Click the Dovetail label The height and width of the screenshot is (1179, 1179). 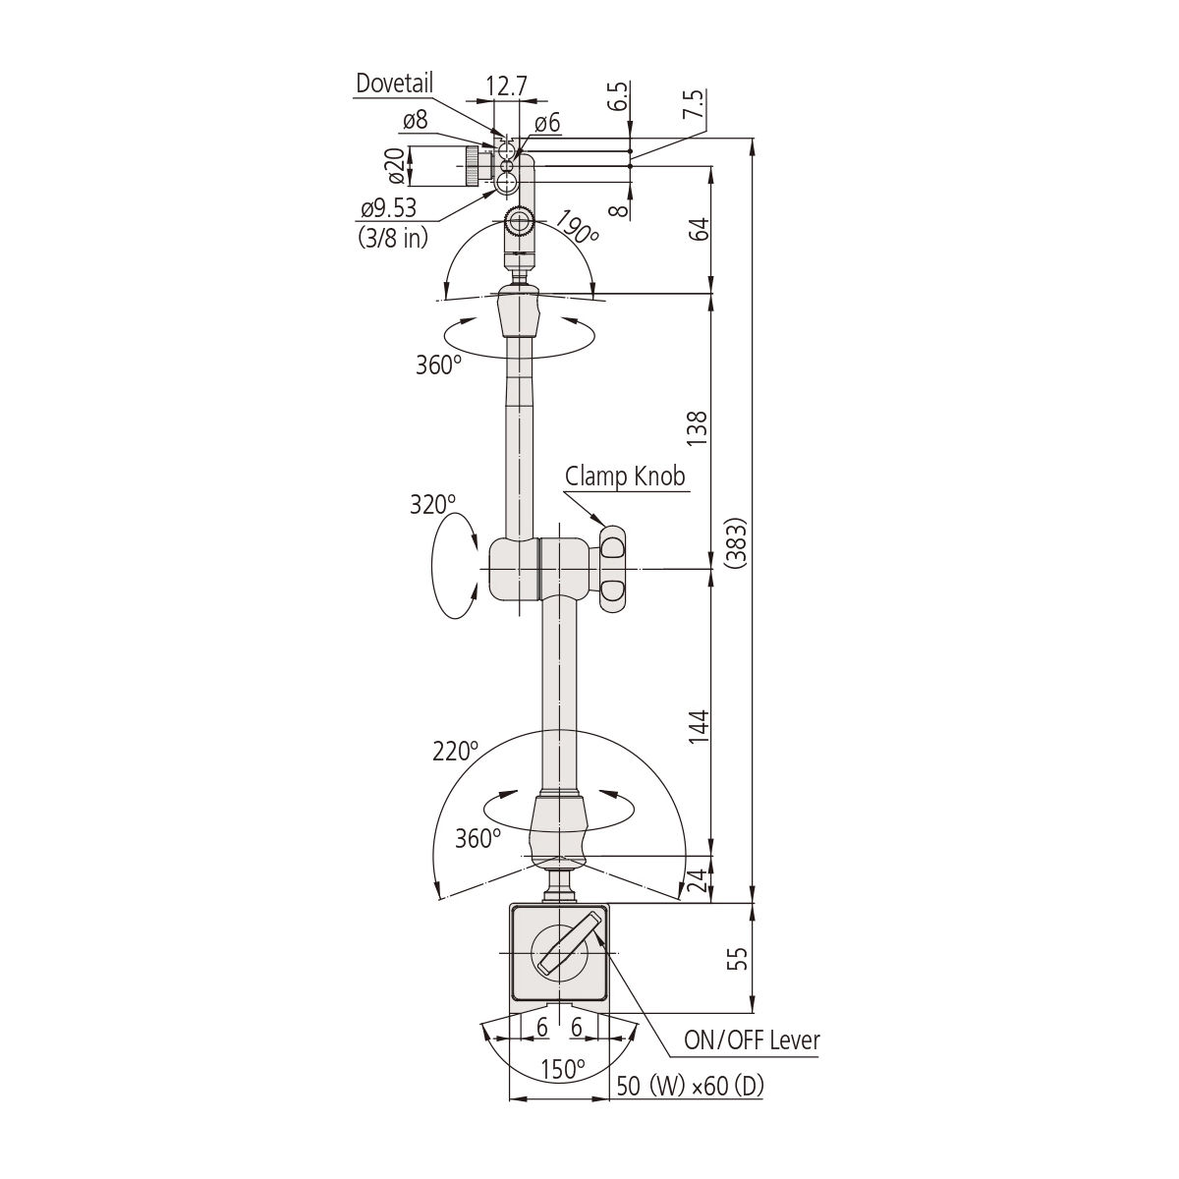tap(394, 84)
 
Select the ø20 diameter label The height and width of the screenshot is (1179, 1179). tap(396, 166)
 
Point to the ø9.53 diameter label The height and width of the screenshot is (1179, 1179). tap(388, 208)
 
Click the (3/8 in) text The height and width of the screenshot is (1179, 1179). tap(393, 238)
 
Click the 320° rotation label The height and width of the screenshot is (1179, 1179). tap(432, 505)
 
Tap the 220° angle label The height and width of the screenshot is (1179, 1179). tap(455, 751)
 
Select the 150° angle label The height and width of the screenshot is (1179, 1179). tap(563, 1069)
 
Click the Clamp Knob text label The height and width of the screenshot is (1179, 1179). tap(625, 476)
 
